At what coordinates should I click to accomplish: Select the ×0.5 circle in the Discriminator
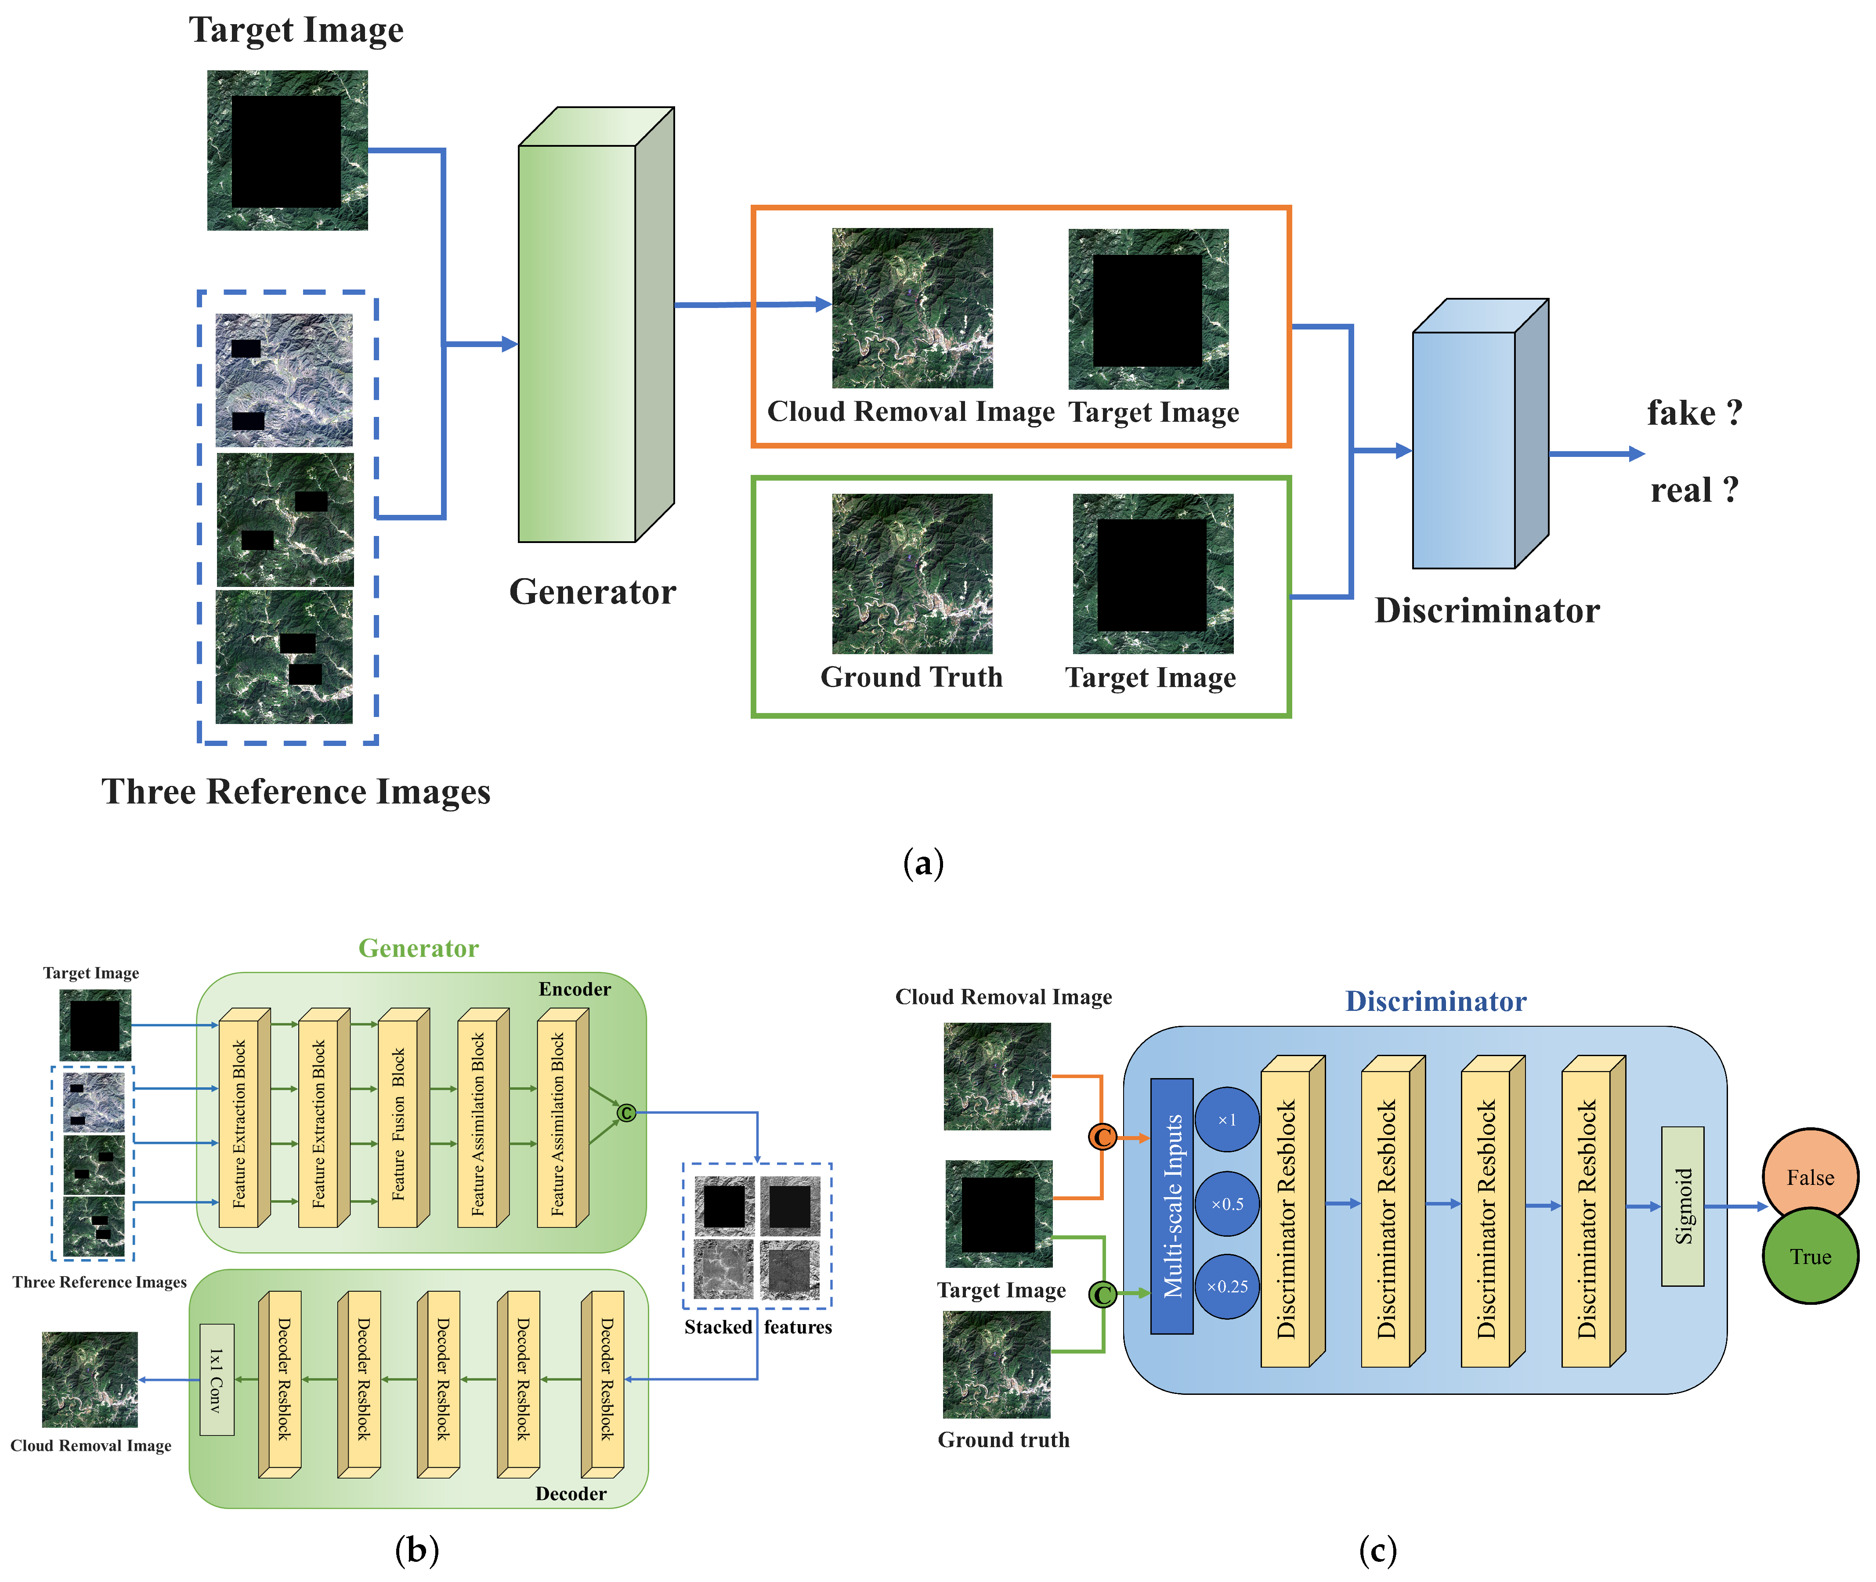(x=1227, y=1204)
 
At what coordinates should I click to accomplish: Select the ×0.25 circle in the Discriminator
(x=1227, y=1286)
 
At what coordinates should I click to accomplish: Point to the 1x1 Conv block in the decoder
(x=216, y=1379)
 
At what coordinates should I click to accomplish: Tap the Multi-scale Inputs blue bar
(x=1171, y=1206)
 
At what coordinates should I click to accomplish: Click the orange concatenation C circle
(x=1102, y=1137)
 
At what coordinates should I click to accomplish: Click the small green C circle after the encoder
(x=626, y=1113)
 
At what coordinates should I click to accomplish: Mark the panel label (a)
(x=923, y=863)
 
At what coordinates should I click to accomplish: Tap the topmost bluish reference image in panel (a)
(x=284, y=380)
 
